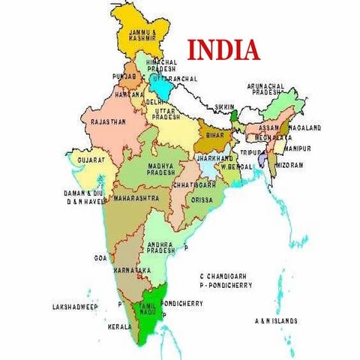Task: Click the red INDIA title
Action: click(x=223, y=49)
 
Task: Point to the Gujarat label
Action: click(x=90, y=160)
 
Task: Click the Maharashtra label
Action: click(x=136, y=198)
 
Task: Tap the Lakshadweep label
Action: click(x=75, y=307)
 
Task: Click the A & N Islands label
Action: click(x=275, y=320)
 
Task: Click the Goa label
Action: click(x=100, y=257)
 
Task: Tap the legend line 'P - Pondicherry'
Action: click(x=226, y=286)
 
